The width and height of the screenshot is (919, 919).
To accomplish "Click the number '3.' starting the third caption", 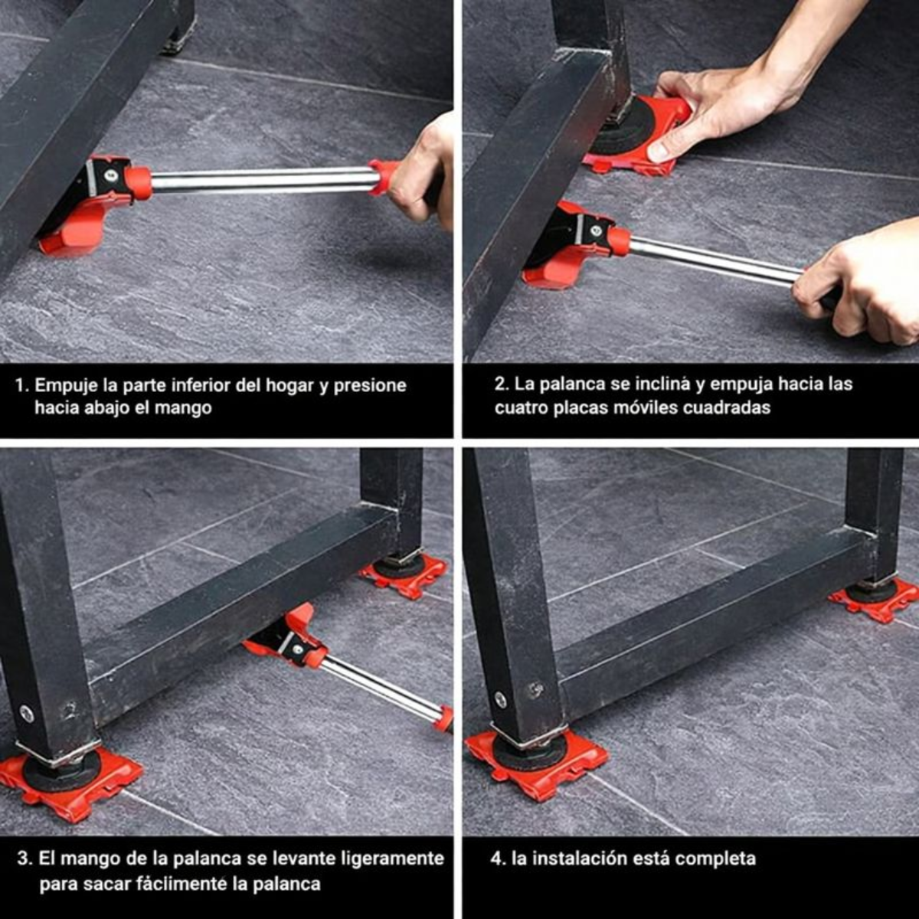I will (x=25, y=858).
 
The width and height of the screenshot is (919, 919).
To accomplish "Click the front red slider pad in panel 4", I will (x=536, y=762).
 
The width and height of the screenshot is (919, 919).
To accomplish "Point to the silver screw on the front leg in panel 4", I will (x=500, y=699).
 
